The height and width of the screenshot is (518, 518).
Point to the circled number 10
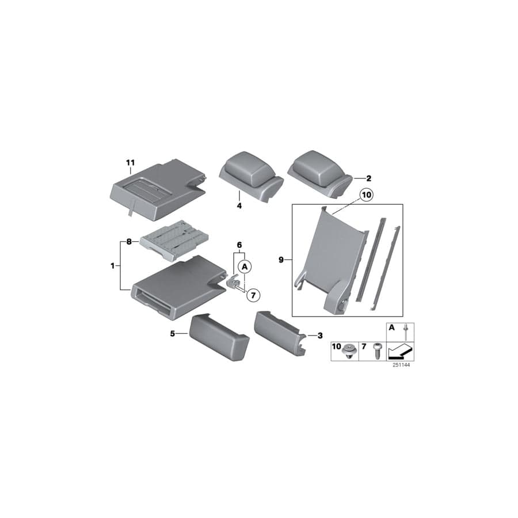point(367,196)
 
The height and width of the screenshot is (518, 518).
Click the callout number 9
point(282,260)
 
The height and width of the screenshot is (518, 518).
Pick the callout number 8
point(129,242)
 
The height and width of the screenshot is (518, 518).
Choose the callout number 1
point(113,265)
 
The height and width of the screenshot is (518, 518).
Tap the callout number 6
point(239,245)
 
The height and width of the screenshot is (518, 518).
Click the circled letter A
point(245,266)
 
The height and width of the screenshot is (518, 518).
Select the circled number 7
point(253,294)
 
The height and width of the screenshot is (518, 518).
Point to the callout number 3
point(320,334)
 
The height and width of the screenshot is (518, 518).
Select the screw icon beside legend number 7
point(376,351)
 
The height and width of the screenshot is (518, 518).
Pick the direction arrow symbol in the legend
point(401,351)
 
